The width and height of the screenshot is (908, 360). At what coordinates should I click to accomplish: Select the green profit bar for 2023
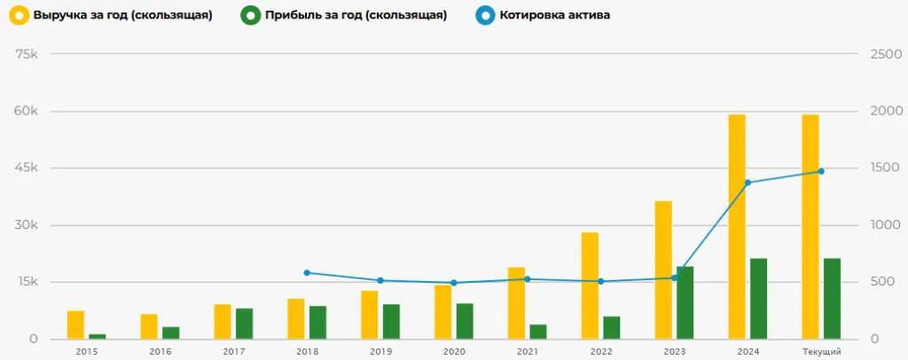coord(685,303)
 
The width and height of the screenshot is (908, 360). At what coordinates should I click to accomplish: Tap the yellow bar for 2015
coord(75,325)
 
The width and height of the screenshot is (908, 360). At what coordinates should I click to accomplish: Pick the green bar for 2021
coord(537,332)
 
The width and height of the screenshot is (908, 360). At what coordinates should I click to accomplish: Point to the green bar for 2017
coord(244,324)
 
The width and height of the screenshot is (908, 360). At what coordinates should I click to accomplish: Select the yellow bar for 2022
coord(590,286)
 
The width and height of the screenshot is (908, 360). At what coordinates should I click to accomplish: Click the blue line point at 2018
coord(307,273)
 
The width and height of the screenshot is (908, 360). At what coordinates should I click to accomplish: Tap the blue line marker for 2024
coord(748,183)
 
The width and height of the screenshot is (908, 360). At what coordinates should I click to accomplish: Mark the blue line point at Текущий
coord(821,171)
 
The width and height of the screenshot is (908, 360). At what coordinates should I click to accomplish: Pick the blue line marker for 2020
coord(454,283)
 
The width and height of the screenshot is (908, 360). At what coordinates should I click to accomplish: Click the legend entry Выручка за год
coord(111,16)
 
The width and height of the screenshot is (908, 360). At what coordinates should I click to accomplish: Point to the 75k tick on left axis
coord(27,54)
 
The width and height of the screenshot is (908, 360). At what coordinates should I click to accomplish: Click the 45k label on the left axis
coord(27,168)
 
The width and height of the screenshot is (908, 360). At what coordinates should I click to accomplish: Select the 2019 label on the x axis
coord(380,352)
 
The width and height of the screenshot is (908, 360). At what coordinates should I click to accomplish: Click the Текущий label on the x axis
coord(821,352)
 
